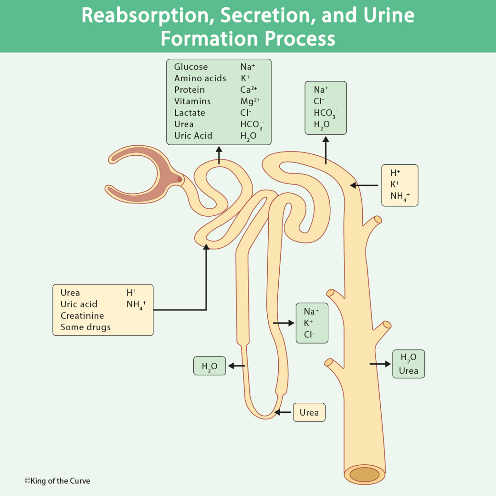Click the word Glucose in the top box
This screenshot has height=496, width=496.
tap(191, 67)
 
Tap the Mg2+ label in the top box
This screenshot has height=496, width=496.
tap(250, 101)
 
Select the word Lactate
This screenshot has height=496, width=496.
tap(190, 113)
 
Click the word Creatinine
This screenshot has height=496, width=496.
tap(82, 315)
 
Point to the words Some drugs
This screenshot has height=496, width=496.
tap(85, 327)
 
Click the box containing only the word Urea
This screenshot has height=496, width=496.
tap(309, 412)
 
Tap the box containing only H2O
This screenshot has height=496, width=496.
tap(210, 366)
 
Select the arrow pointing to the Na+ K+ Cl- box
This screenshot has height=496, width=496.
tap(283, 323)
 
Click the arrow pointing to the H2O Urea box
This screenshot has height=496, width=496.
tap(380, 364)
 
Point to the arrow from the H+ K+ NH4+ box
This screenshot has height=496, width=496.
tap(364, 185)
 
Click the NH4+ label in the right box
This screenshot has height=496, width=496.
tap(399, 196)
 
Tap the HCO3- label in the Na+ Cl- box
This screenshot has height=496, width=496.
tap(325, 113)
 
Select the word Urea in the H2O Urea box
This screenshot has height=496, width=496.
tap(408, 371)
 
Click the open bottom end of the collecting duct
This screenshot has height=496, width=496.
tap(364, 474)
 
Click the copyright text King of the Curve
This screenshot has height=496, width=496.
tap(57, 481)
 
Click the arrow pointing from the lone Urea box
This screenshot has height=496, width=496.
tap(283, 412)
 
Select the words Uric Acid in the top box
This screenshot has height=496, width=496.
tap(193, 136)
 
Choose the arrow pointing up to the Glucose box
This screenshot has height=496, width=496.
tap(219, 155)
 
